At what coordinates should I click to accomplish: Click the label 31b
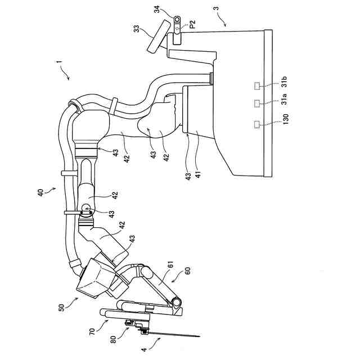tap(284, 82)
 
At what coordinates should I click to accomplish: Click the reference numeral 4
tap(144, 350)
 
